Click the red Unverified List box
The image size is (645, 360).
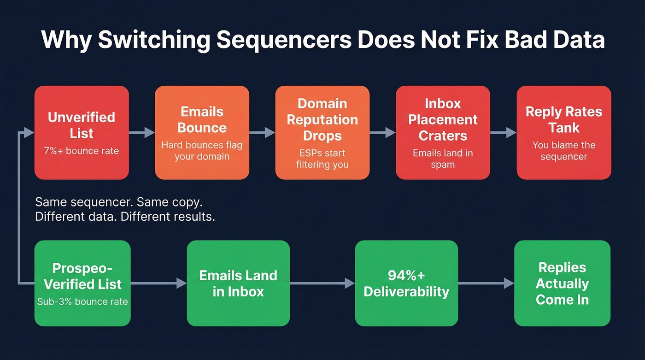tap(82, 133)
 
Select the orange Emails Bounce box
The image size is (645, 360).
tap(202, 133)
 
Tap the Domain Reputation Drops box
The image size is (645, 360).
tap(322, 133)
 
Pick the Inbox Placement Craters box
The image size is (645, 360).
tap(443, 133)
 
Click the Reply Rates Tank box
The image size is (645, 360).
tap(563, 133)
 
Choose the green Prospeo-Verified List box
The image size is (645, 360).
tap(82, 283)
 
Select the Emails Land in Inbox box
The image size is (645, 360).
tap(238, 283)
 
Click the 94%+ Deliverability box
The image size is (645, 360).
tap(406, 283)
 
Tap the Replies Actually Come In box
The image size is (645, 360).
tap(562, 283)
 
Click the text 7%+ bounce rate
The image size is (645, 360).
tap(82, 151)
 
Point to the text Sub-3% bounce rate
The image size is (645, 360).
tap(82, 302)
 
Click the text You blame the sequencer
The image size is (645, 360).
tap(563, 151)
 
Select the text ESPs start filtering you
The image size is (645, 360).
tap(322, 159)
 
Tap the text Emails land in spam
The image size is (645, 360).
tap(443, 159)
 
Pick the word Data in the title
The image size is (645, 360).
tap(578, 40)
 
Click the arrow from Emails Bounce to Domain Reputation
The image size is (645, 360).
tap(262, 133)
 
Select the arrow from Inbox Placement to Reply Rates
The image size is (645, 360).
tap(503, 133)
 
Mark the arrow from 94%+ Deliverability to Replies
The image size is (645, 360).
tap(486, 283)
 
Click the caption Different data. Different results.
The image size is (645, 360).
tap(125, 217)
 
